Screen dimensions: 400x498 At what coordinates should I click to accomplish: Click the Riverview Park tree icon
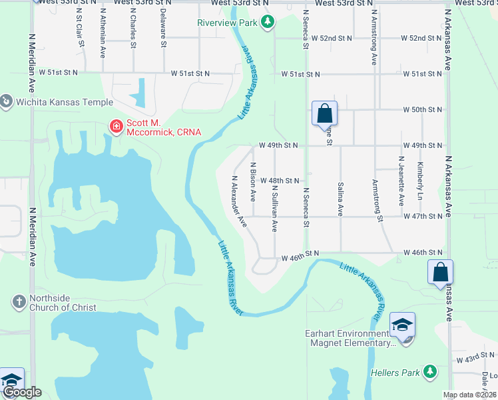267,23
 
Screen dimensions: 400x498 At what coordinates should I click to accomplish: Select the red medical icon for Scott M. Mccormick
117,125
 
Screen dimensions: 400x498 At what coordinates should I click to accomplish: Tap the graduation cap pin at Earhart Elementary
402,325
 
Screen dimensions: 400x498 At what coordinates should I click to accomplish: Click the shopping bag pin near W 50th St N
324,113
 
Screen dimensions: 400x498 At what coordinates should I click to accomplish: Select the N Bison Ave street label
253,181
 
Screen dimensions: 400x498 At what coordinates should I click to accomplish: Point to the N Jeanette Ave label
401,181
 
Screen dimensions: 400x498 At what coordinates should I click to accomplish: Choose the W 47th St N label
423,217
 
